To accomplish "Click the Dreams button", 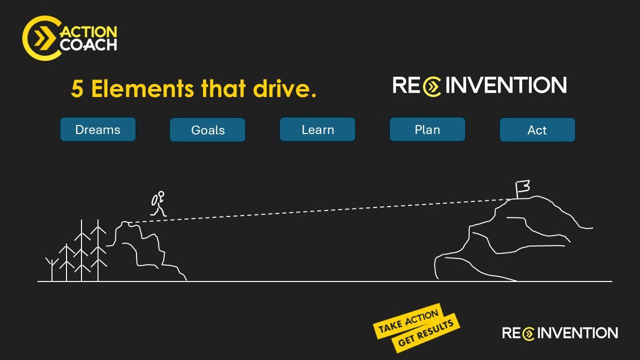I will (x=98, y=129).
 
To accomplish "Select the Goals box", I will (x=207, y=130).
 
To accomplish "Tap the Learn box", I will (x=317, y=129).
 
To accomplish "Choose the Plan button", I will (x=427, y=129).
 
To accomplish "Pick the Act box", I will (x=537, y=130).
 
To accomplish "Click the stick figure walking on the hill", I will (x=158, y=203).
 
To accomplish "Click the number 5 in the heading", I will (x=76, y=89).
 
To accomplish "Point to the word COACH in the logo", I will (x=88, y=44).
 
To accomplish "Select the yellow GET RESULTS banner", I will (x=426, y=333).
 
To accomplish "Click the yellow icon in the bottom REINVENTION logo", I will (x=528, y=333).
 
